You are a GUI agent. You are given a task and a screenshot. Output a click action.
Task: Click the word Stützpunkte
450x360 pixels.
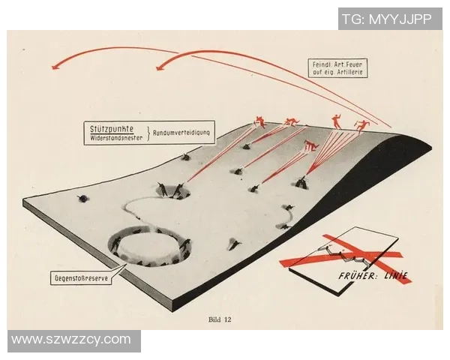coord(112,129)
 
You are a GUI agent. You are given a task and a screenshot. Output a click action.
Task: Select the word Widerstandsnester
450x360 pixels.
coord(116,138)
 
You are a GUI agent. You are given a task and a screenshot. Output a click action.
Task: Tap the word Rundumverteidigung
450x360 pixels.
coord(181,133)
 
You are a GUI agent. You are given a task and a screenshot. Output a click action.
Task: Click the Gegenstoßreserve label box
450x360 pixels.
coord(81,277)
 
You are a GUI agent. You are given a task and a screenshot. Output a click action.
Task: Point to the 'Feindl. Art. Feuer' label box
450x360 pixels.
coord(337,68)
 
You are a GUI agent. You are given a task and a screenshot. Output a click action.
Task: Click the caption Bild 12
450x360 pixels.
coord(220,319)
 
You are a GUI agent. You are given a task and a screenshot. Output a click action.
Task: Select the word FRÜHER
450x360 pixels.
coord(356,276)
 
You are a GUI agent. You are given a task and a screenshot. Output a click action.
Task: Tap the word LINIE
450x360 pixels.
coord(396,275)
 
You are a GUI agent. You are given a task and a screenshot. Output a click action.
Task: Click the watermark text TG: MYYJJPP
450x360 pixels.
coord(387,19)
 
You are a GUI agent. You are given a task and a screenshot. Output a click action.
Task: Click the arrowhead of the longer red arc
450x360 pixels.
coord(55,66)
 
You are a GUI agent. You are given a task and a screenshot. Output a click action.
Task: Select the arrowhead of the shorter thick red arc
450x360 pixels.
coord(160,67)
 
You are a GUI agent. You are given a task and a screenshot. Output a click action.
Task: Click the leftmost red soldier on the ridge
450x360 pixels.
coord(259,121)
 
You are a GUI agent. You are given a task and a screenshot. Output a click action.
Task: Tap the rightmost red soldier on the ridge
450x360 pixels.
coord(362,127)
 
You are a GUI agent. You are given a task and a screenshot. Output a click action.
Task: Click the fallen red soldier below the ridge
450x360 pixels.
coord(311,145)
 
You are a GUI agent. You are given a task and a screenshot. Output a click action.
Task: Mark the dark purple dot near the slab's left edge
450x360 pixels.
coord(83,198)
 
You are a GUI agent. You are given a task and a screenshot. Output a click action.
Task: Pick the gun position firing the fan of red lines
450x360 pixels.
coord(301,182)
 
